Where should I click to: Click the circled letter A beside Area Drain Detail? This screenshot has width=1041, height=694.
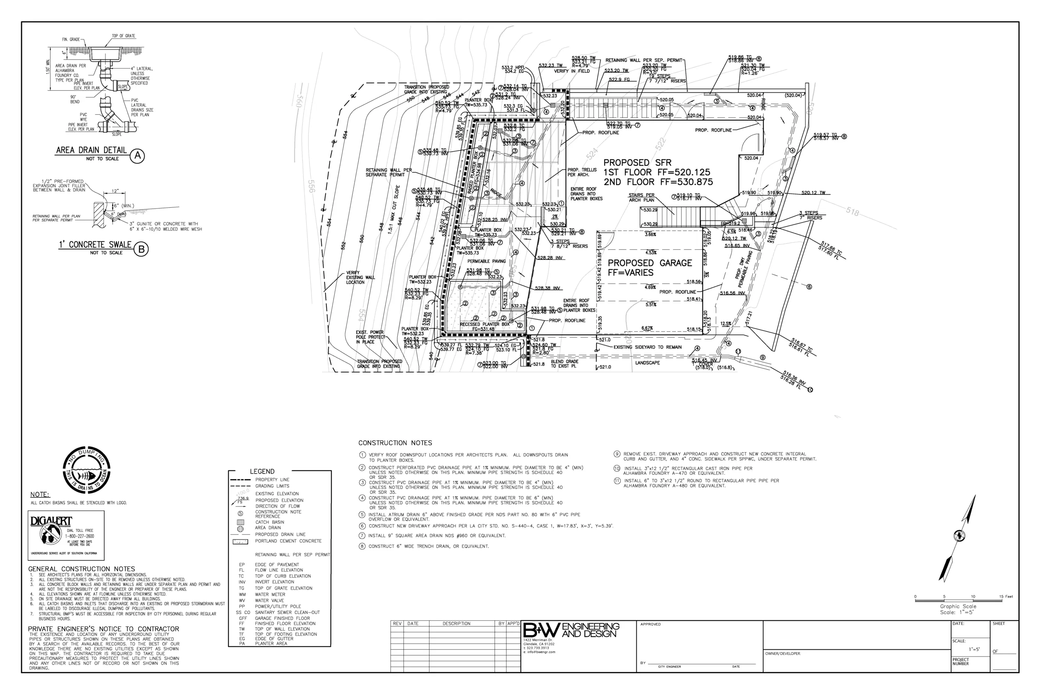click(137, 156)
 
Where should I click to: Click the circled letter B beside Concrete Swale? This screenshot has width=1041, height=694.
click(141, 249)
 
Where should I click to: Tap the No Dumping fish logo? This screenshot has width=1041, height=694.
click(86, 470)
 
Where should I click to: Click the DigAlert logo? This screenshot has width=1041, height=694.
click(51, 531)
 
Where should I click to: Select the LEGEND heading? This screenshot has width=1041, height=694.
click(262, 471)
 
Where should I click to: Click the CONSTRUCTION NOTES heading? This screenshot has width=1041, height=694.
click(395, 443)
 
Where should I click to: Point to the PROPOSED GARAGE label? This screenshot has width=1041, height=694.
click(649, 263)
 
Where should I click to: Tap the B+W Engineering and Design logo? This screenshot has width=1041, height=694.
click(571, 631)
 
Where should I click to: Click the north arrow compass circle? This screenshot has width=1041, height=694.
click(959, 536)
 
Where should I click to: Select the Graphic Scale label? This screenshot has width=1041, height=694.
click(958, 606)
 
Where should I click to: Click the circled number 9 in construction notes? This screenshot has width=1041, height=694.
click(617, 454)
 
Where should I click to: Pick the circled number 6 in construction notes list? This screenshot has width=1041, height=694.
click(362, 526)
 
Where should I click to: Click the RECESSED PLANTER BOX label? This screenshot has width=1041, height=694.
click(484, 324)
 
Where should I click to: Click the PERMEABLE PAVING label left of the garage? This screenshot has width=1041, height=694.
click(486, 261)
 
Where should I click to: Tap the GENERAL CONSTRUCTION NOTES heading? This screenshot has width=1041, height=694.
click(81, 569)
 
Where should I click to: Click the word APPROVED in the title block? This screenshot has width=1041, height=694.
click(650, 624)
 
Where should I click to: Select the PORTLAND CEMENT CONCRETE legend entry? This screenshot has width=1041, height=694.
click(288, 541)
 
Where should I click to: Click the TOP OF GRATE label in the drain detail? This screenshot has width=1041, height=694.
click(124, 36)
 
